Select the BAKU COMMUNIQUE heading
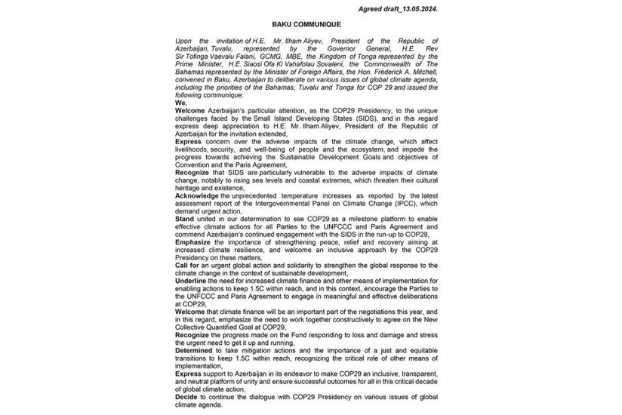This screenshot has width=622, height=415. [x=311, y=25]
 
